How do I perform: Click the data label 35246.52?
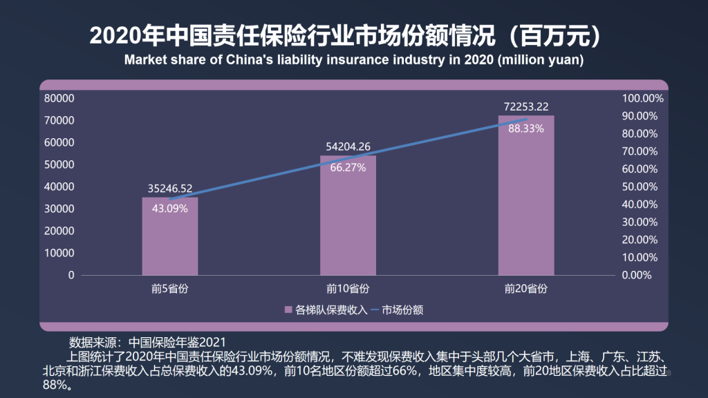point(170,187)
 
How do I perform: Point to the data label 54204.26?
point(348,146)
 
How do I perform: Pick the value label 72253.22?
point(526,106)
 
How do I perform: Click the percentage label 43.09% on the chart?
point(169,208)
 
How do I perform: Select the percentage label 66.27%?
point(348,167)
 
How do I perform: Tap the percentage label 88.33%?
point(526,128)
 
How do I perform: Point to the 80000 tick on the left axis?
point(59,98)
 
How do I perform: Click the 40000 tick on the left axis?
point(59,187)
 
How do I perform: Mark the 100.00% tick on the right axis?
point(643,98)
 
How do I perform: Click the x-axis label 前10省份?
point(348,288)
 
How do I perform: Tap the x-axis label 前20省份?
point(526,288)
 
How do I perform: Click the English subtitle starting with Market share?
point(354,59)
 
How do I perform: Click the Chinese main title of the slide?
point(354,35)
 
